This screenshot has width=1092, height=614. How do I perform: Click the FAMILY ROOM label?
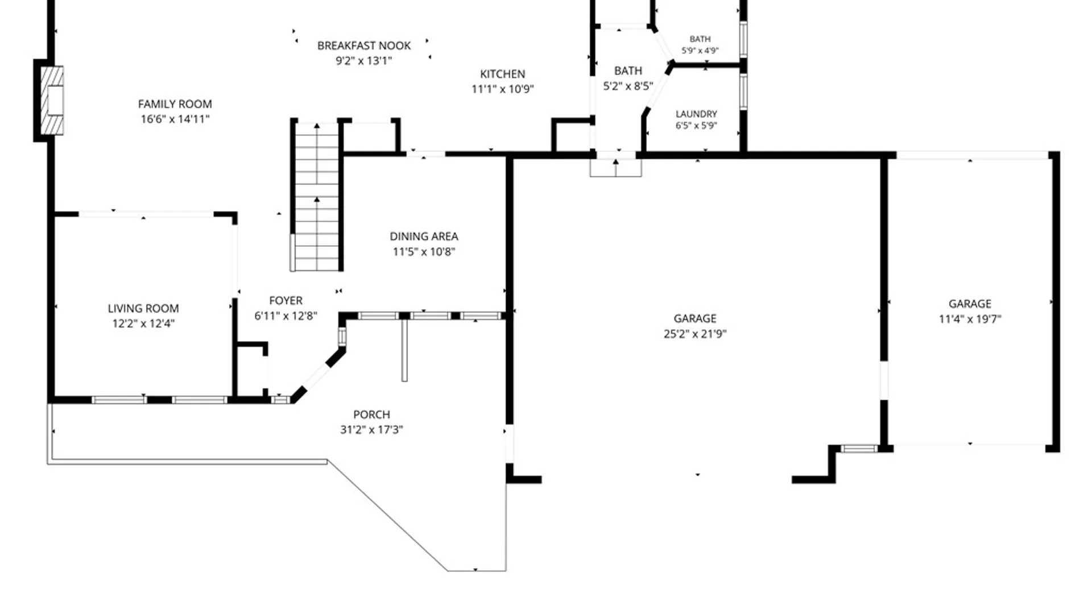(x=175, y=104)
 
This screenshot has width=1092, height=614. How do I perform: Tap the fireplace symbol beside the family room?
(x=52, y=101)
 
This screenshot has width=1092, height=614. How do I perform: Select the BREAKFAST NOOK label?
(x=364, y=45)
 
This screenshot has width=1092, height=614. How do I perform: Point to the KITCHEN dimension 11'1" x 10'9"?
(x=503, y=89)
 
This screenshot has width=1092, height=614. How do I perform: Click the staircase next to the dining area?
(x=317, y=196)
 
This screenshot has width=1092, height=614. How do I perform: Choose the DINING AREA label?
(x=424, y=237)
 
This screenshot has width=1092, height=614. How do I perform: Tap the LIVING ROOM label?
(x=143, y=308)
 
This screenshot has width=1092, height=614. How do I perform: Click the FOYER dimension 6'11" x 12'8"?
(x=286, y=316)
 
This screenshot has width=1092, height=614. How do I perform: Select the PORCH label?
(x=371, y=414)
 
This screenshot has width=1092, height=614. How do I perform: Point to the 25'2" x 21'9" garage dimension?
(x=695, y=334)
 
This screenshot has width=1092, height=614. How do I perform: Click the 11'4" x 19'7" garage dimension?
(x=970, y=319)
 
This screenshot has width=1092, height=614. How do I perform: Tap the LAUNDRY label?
(x=696, y=114)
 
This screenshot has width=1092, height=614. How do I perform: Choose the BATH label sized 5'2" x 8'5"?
(x=628, y=71)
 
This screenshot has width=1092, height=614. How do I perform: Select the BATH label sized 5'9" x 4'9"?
(x=700, y=39)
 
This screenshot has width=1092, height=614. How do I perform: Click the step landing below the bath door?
(x=616, y=168)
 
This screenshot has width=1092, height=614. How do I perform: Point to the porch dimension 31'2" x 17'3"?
(x=371, y=430)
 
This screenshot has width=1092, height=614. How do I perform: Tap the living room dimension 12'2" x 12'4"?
(x=143, y=323)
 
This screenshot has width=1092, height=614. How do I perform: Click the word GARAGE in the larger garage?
(x=695, y=318)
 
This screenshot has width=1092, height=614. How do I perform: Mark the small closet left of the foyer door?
(x=251, y=370)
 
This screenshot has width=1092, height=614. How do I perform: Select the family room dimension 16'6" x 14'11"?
(x=175, y=119)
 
